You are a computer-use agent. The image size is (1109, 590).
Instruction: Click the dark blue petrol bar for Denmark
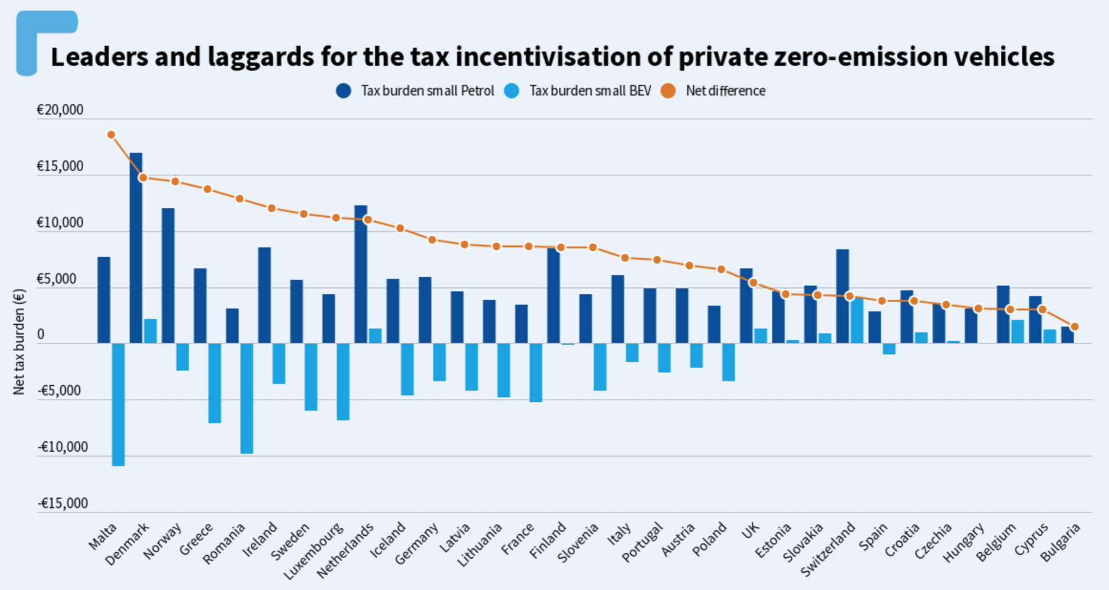[x=136, y=248]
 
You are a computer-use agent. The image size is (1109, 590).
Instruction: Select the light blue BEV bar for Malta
[x=118, y=405]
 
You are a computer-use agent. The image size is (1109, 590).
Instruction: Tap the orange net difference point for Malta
[x=111, y=135]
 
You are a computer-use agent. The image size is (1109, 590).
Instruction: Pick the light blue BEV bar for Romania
[x=246, y=398]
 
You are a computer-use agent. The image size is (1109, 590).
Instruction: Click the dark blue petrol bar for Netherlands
[x=360, y=274]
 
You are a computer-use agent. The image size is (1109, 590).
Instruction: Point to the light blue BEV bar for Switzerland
[x=857, y=320]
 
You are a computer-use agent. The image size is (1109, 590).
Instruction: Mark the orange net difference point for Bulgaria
[x=1075, y=326]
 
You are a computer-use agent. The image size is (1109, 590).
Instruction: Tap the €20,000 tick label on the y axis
[x=60, y=110]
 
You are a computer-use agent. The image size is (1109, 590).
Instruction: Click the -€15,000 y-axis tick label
[x=63, y=503]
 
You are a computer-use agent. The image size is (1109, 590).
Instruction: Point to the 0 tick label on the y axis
[x=41, y=335]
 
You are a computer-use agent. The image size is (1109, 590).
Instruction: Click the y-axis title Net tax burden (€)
[x=19, y=342]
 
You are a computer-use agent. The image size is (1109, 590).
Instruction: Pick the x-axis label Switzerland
[x=829, y=549]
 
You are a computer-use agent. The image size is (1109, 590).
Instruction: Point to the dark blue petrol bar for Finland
[x=553, y=296]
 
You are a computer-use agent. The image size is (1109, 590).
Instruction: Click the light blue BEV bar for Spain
[x=889, y=349]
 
